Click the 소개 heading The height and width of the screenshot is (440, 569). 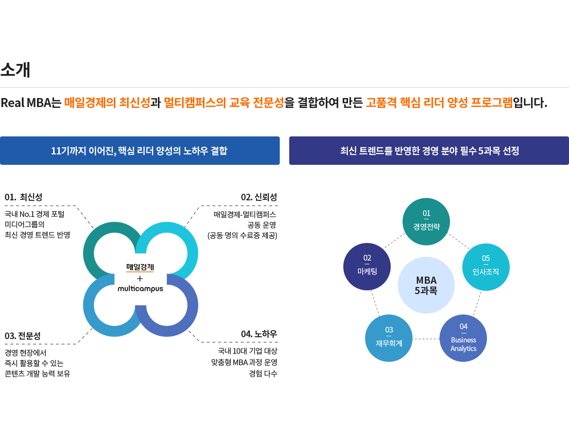pos(15,70)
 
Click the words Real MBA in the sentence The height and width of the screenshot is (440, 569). pos(26,103)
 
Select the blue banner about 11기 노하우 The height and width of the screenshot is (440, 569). pos(139,151)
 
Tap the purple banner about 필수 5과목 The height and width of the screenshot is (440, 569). pos(429,151)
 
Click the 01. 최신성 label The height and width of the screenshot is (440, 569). pos(23,198)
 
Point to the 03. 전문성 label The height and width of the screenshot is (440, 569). pos(23,336)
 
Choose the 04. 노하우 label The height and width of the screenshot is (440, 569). pos(259,334)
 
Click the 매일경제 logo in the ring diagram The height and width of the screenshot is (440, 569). pos(140,267)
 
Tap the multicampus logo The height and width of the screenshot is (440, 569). pos(140,288)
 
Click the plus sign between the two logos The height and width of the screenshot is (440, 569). pos(140,278)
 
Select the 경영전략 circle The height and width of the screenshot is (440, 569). pos(426,221)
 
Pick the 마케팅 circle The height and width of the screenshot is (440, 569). pos(367,266)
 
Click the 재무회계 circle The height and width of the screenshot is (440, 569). pos(389,338)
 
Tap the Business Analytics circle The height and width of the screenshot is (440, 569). pos(463,338)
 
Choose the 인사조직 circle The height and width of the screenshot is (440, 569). pos(486,267)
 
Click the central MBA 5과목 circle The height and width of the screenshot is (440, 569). pos(426,285)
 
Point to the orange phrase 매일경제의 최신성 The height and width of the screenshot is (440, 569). pos(107,103)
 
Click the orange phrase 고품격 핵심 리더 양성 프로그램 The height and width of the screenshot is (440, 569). pos(439,103)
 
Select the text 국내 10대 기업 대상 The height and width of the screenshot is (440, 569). pos(248,351)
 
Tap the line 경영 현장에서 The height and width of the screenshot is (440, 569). pos(26,353)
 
